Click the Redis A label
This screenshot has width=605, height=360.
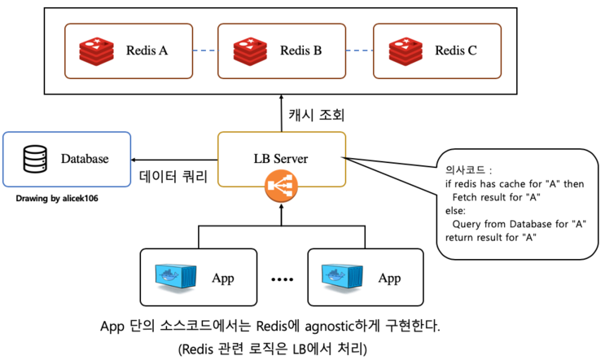point(147,50)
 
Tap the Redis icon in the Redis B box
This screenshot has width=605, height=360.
point(250,51)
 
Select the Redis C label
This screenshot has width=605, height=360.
point(456,50)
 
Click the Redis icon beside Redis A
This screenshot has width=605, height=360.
point(96,51)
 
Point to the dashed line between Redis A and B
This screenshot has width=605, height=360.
point(205,50)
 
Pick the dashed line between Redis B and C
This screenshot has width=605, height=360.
point(360,50)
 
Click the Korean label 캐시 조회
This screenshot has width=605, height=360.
point(317,115)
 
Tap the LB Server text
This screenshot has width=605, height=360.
point(281,159)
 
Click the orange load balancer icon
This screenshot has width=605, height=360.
point(281,187)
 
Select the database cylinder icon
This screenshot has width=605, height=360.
point(35,159)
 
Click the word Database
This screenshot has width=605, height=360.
point(85,159)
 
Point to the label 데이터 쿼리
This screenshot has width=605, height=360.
point(173,176)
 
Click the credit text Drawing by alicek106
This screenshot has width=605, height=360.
point(57,199)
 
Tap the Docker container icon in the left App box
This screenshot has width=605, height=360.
point(176,277)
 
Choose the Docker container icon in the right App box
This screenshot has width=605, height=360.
point(342,277)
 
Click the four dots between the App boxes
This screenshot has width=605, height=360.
point(282,279)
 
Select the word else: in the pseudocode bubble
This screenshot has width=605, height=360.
point(456,211)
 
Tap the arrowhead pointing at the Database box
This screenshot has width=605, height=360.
point(134,160)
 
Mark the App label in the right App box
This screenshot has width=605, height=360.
point(389,279)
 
